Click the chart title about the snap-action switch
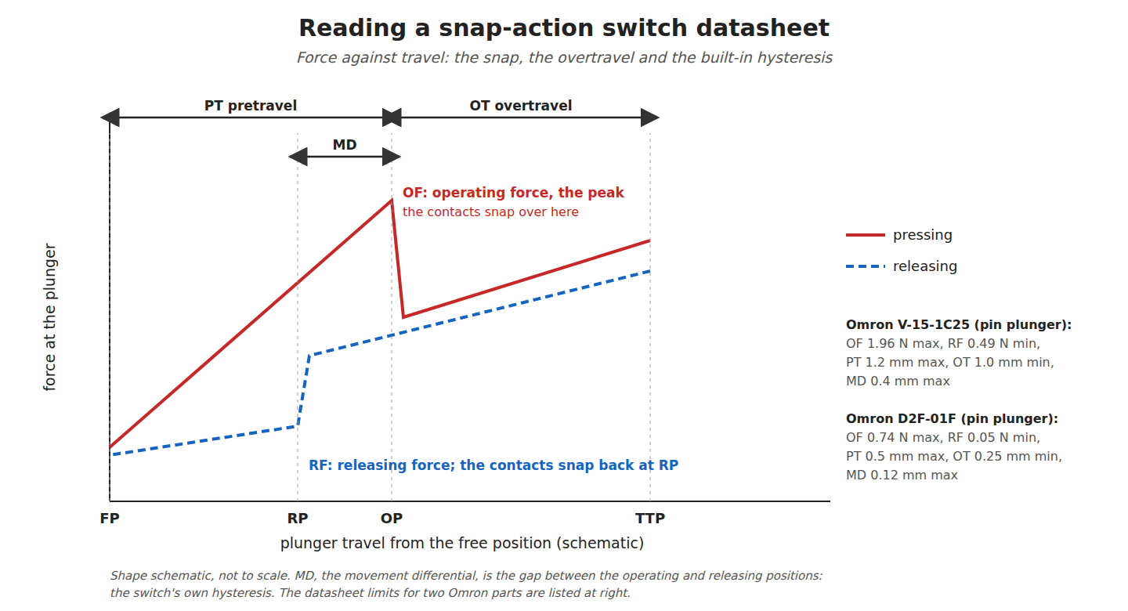(x=563, y=28)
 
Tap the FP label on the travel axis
(x=110, y=519)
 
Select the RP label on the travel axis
(x=298, y=519)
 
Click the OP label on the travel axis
(x=392, y=519)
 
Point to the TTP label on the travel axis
(x=650, y=519)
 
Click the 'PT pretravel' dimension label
(x=251, y=106)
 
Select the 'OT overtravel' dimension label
(x=521, y=106)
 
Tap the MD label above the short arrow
(x=345, y=145)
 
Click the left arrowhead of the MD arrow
(x=298, y=157)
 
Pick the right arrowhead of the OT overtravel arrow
(x=650, y=117)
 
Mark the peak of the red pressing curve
(x=392, y=200)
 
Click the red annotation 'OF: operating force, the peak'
(x=513, y=193)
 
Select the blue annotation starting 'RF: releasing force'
(x=493, y=465)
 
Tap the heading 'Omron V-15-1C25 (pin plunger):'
(x=959, y=325)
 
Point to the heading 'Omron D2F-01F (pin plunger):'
(x=952, y=418)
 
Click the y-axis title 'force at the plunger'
(x=50, y=317)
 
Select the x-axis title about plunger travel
(x=462, y=543)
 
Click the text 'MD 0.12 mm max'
(x=902, y=475)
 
